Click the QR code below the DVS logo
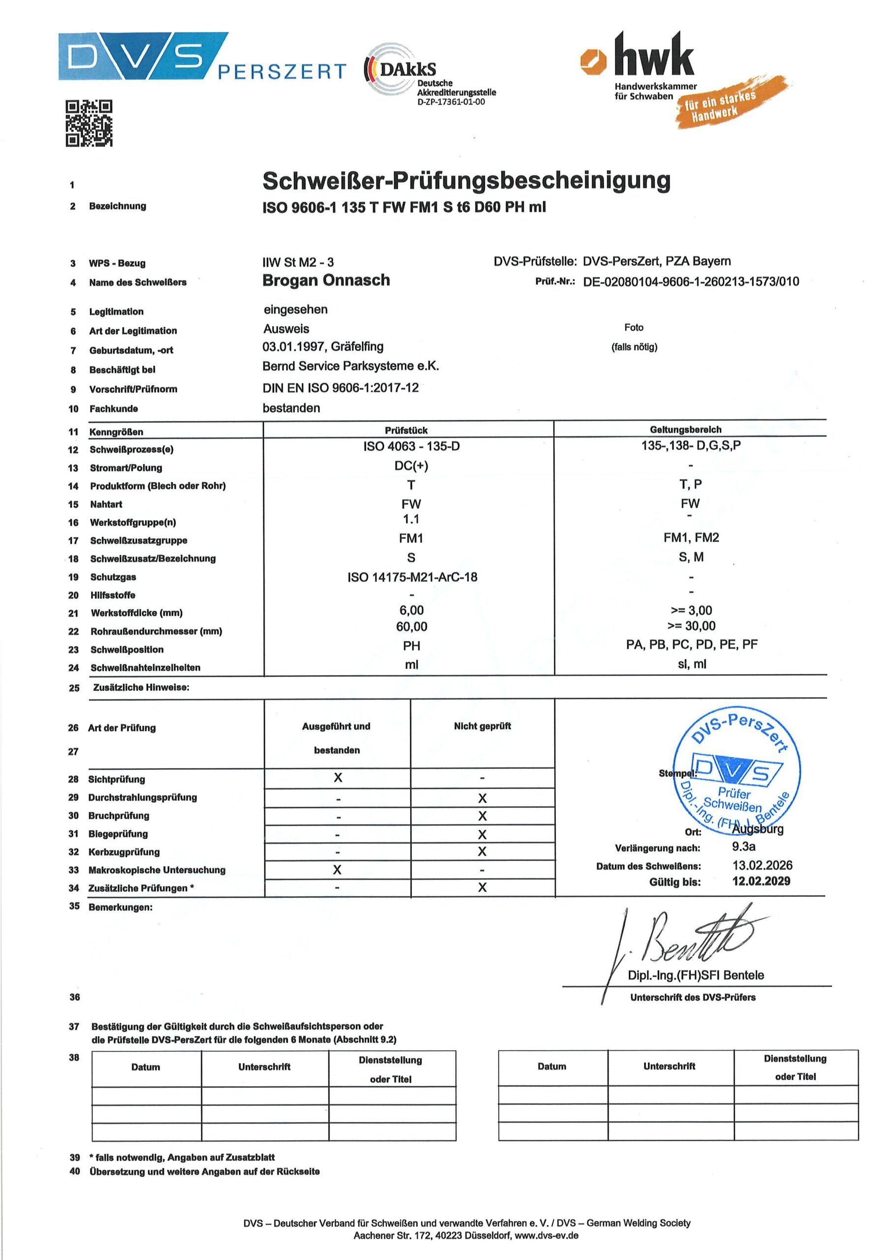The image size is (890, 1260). (89, 124)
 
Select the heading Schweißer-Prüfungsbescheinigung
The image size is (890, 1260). (466, 181)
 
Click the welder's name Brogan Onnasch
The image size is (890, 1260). (326, 281)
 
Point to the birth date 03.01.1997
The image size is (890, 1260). (293, 347)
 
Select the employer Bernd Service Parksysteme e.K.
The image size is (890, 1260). (350, 366)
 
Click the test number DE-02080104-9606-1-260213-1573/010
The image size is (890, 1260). (691, 282)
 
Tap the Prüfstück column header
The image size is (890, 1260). (406, 430)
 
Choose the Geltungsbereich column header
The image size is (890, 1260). (685, 430)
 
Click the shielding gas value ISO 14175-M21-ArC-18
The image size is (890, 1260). (412, 577)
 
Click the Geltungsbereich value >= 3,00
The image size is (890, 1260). (691, 610)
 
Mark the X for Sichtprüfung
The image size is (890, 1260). (338, 778)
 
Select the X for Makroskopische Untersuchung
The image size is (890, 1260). (337, 870)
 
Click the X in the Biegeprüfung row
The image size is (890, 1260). (482, 835)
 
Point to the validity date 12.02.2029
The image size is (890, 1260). (761, 882)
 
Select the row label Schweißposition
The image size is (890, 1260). (127, 650)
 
